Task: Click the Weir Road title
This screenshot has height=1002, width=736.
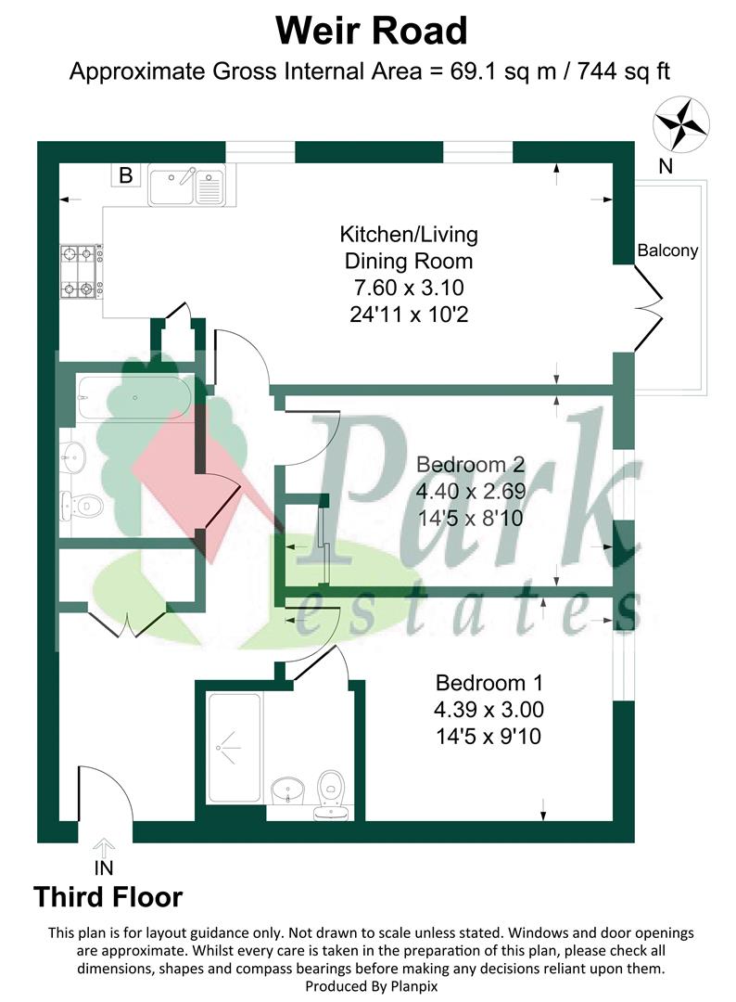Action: tap(372, 31)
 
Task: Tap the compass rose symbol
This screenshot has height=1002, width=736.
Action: tap(681, 124)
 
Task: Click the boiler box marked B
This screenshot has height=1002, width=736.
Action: tap(126, 174)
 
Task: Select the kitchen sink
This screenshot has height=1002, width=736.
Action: tap(186, 186)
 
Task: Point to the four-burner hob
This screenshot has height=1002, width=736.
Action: tap(81, 272)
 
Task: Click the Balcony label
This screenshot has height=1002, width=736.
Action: tap(667, 250)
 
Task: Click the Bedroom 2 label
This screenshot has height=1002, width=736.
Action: tap(471, 464)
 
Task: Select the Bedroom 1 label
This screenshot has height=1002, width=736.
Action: tap(489, 683)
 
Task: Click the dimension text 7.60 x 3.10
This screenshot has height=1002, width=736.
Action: tap(409, 288)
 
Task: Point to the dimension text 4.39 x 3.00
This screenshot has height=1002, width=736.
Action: tap(489, 710)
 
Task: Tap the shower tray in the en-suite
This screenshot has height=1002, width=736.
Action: tap(235, 748)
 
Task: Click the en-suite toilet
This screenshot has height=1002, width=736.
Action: tap(331, 794)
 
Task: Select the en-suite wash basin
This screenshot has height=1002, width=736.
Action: tap(288, 791)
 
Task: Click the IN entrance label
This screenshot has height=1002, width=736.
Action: tap(104, 867)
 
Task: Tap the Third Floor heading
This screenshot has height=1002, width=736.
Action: tap(108, 896)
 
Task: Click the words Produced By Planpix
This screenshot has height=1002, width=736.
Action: tap(372, 986)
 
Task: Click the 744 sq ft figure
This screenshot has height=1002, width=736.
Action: tap(624, 71)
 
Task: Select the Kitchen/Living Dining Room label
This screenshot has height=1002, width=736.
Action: tap(409, 248)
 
